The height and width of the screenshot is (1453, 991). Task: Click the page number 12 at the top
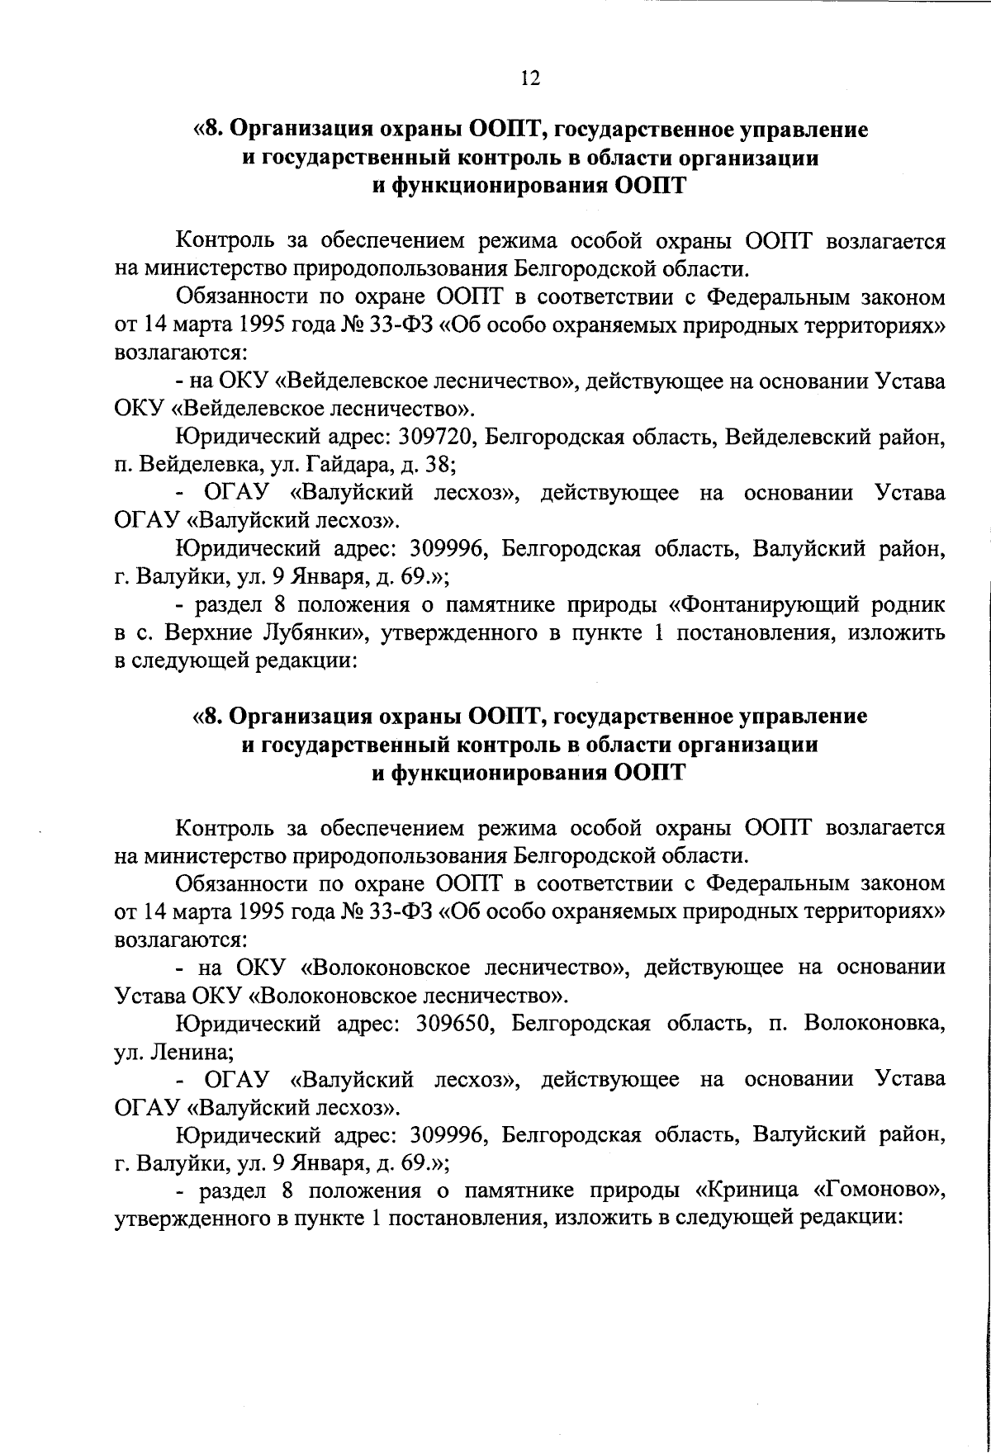point(529,78)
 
